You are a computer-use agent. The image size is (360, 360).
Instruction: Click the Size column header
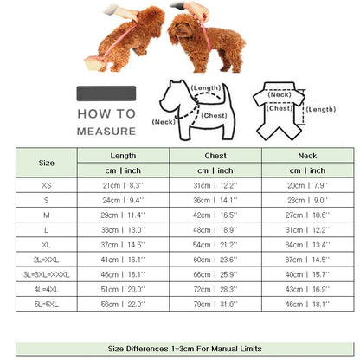point(46,163)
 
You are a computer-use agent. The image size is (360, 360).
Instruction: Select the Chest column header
point(216,155)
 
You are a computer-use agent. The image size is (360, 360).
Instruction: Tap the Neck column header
point(307,155)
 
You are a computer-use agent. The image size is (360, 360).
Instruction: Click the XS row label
point(46,185)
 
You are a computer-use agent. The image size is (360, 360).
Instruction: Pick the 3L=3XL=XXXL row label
point(46,273)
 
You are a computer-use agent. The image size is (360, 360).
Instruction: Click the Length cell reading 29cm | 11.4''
point(122,215)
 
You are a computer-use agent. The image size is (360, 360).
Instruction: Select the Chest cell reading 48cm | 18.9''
point(216,229)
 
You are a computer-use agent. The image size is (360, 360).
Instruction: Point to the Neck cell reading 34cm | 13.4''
point(307,244)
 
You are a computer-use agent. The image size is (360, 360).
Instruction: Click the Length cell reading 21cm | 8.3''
point(122,185)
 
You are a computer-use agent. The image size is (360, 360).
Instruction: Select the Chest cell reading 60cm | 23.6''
point(216,259)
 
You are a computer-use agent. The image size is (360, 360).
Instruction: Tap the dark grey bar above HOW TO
point(106,93)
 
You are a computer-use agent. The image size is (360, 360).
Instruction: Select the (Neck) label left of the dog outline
point(164,122)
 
